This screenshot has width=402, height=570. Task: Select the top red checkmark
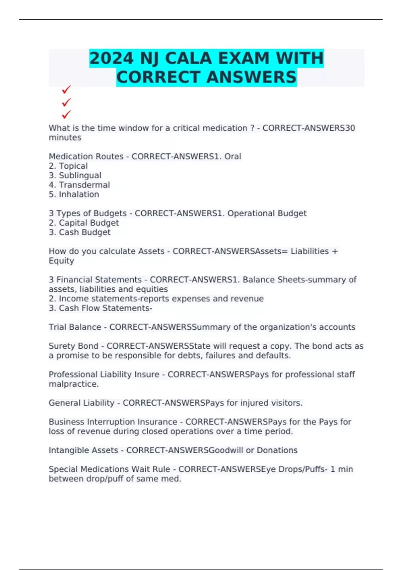[x=66, y=90]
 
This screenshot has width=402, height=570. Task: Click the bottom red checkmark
[x=66, y=115]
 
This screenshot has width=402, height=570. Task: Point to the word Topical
[x=73, y=166]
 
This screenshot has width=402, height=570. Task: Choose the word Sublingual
[x=80, y=175]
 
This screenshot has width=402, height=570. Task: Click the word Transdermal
[x=84, y=185]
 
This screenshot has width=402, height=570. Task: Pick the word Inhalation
[x=79, y=194]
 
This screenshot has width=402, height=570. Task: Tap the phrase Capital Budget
[x=89, y=223]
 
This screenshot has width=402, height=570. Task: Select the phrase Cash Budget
[x=85, y=232]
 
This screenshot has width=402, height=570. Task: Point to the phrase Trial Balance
[x=75, y=327]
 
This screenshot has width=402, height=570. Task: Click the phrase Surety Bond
[x=73, y=346]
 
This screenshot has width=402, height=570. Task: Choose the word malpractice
[x=74, y=384]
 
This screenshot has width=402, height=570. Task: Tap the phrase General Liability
[x=81, y=403]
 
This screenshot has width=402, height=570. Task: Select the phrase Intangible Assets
[x=83, y=450]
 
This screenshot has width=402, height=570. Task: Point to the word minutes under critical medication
[x=65, y=137]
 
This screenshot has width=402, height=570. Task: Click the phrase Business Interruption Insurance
[x=113, y=422]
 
